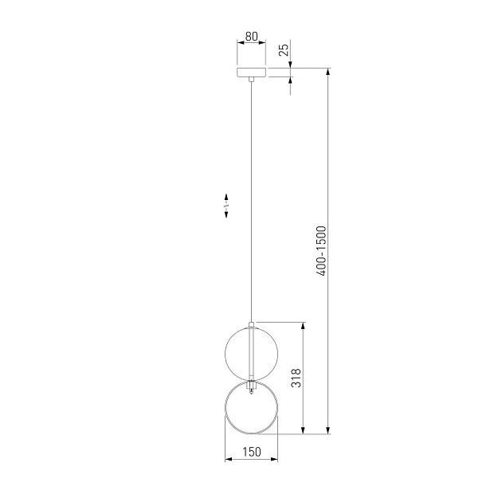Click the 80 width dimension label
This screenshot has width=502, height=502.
251,37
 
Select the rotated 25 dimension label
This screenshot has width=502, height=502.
284,49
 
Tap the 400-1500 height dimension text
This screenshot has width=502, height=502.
321,251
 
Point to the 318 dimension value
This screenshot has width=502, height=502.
296,378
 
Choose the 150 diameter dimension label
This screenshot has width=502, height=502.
252,452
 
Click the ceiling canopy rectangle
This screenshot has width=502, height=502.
251,73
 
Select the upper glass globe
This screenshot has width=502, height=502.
251,353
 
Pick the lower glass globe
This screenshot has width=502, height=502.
225,407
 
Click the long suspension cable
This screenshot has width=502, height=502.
251,202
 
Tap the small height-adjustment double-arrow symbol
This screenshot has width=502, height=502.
226,206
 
